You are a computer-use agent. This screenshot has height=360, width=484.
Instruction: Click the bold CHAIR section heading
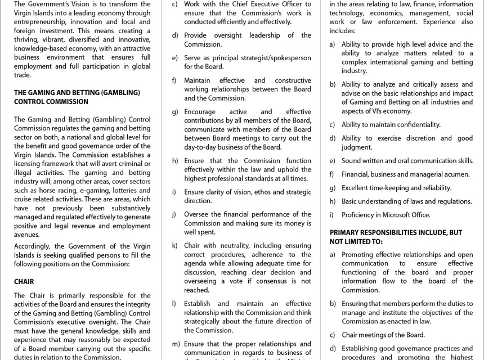pos(24,282)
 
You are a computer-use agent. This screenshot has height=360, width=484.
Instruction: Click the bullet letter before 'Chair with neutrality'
pos(175,245)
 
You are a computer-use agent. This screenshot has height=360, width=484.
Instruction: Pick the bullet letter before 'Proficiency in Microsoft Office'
pos(332,214)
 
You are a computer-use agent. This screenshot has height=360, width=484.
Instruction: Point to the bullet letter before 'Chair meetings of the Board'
pos(333,335)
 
